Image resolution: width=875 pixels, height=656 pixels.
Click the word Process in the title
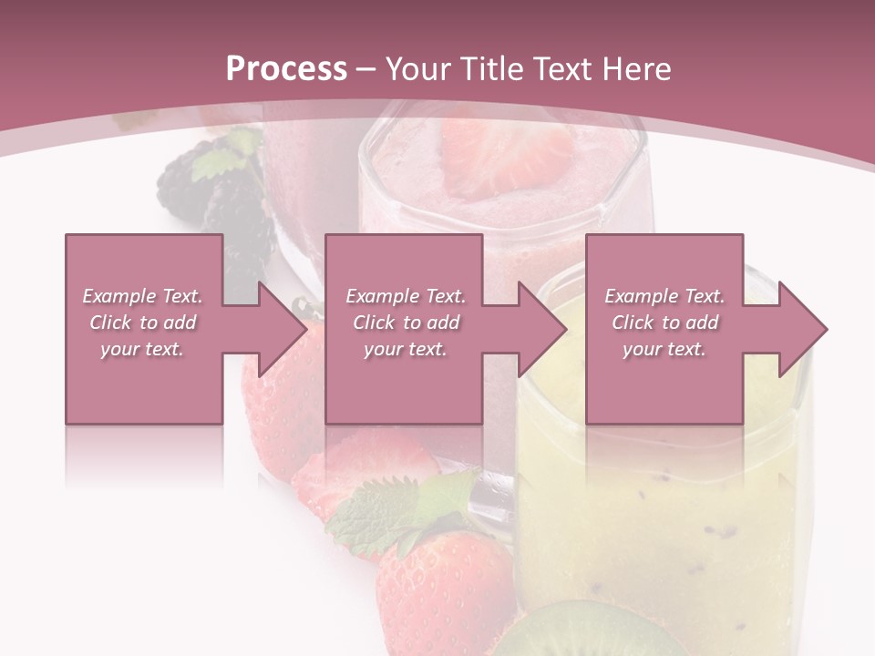286,69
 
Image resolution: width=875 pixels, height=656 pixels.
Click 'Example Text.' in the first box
143,296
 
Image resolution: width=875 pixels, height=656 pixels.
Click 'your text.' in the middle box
405,349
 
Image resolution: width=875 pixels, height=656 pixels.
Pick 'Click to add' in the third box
665,323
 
